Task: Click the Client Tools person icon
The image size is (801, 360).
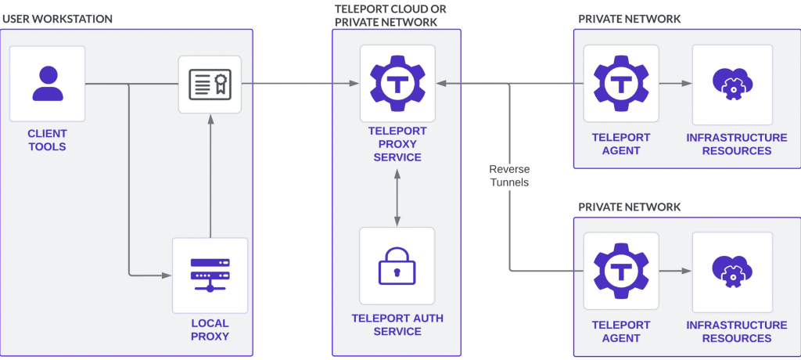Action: click(48, 84)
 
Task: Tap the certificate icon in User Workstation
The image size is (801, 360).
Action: click(210, 84)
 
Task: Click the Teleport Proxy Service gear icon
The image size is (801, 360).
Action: click(397, 82)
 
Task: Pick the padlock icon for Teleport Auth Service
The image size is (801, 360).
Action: click(397, 266)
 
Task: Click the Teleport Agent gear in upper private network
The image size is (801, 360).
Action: click(620, 82)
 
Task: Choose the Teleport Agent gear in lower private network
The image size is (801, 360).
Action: click(620, 270)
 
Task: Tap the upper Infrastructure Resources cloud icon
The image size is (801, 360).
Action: click(732, 84)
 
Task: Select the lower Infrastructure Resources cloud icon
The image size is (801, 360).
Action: click(732, 270)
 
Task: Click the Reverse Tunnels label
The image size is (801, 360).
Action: click(508, 175)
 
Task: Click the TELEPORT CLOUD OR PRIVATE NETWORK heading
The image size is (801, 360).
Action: click(386, 15)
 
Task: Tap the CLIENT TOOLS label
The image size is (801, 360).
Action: click(48, 140)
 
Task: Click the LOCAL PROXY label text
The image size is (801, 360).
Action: click(210, 329)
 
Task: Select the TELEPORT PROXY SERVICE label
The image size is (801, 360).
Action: click(397, 145)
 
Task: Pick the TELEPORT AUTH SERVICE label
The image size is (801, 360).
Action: click(397, 325)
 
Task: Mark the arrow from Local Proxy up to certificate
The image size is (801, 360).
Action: click(210, 176)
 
